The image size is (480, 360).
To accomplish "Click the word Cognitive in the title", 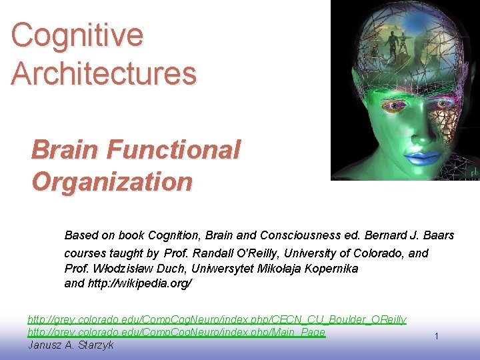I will click(77, 35).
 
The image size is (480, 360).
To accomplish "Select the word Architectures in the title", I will click(103, 73).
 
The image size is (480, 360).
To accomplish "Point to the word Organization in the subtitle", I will click(112, 181).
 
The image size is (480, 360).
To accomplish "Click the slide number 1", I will click(436, 337).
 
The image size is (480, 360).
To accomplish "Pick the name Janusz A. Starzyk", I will click(71, 345).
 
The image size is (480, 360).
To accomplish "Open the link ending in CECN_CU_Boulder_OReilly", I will click(217, 320).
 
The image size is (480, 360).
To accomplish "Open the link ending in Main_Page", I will click(177, 332).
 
